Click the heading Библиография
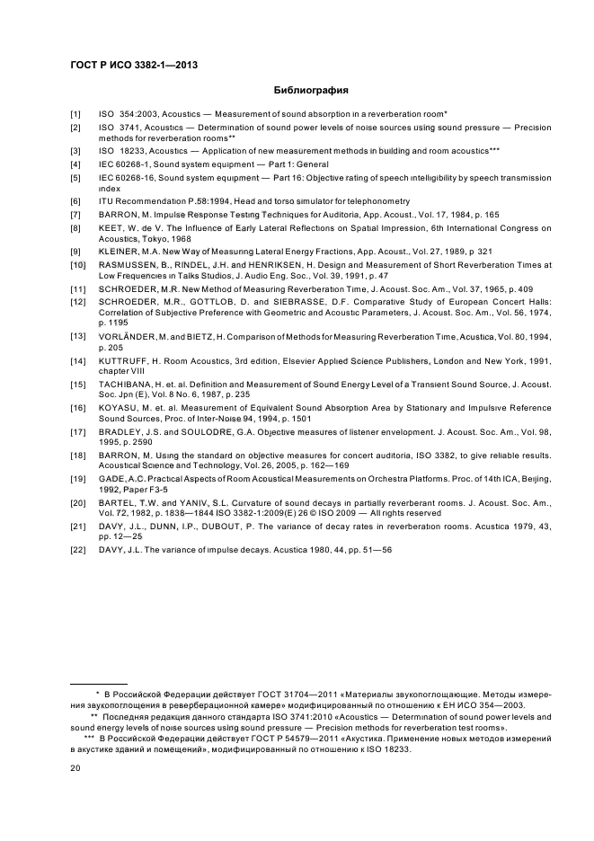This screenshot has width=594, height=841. click(310, 90)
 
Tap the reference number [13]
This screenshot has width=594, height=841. click(78, 334)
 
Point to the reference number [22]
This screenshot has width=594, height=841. click(78, 549)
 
